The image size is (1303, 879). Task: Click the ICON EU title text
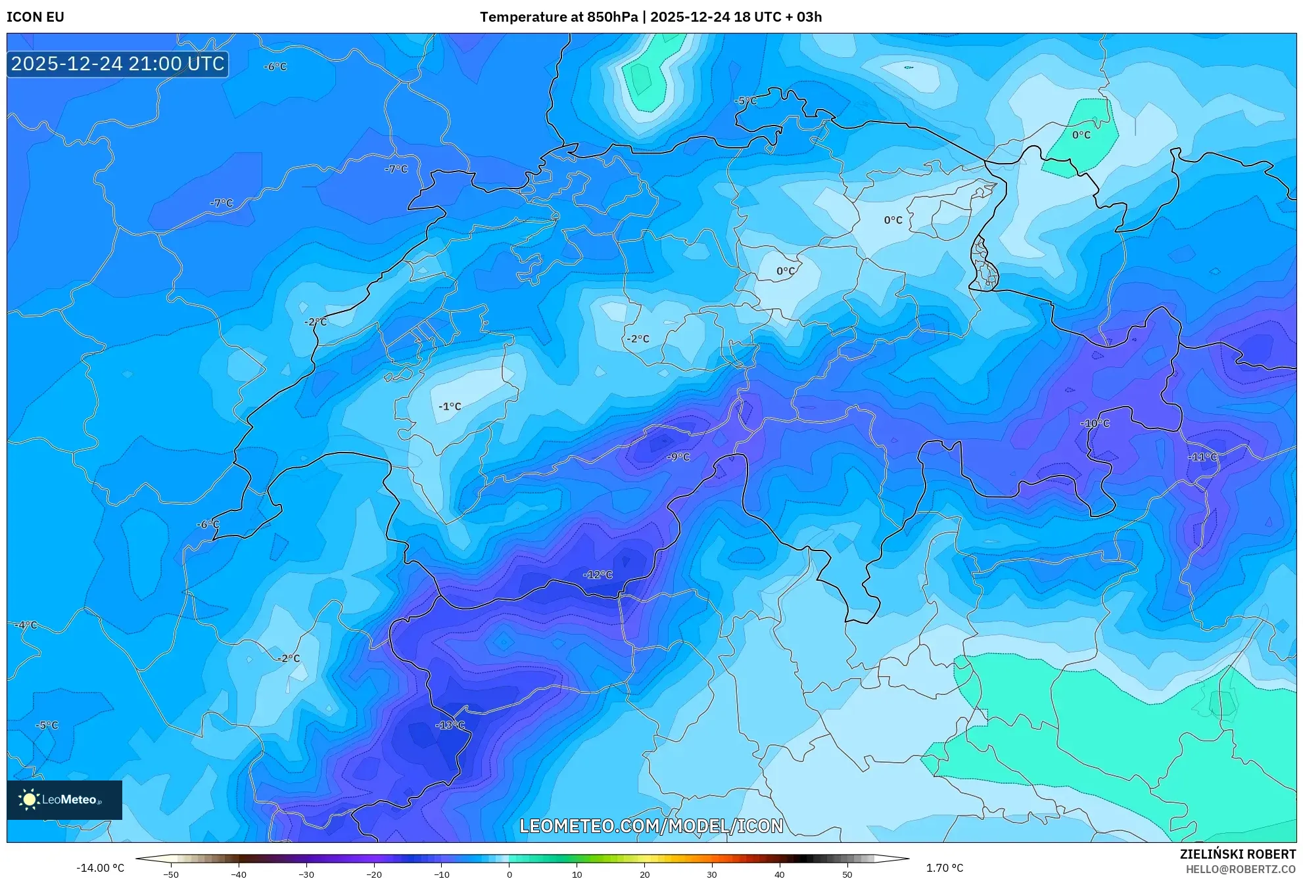36,17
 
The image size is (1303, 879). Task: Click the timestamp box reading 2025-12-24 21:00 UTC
118,64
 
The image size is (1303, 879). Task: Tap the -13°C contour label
450,725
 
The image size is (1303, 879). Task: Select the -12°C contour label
598,575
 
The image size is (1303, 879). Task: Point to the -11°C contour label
1202,457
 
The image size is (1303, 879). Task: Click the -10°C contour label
1095,424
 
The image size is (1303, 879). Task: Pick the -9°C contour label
678,457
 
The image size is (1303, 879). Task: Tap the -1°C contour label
450,407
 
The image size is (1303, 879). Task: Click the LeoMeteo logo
64,800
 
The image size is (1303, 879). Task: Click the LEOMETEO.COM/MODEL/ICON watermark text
651,826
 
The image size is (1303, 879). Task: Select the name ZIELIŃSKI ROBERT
1237,854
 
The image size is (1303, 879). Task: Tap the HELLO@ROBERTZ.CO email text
1240,869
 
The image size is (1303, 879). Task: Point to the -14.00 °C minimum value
100,868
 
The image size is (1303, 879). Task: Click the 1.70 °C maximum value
945,868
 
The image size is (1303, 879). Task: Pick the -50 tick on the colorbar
171,874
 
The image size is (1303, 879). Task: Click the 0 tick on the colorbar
509,874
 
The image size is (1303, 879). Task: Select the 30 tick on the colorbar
712,874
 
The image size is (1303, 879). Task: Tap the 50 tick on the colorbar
847,874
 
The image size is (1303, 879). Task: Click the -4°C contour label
26,625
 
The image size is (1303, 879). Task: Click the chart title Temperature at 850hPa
559,17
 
